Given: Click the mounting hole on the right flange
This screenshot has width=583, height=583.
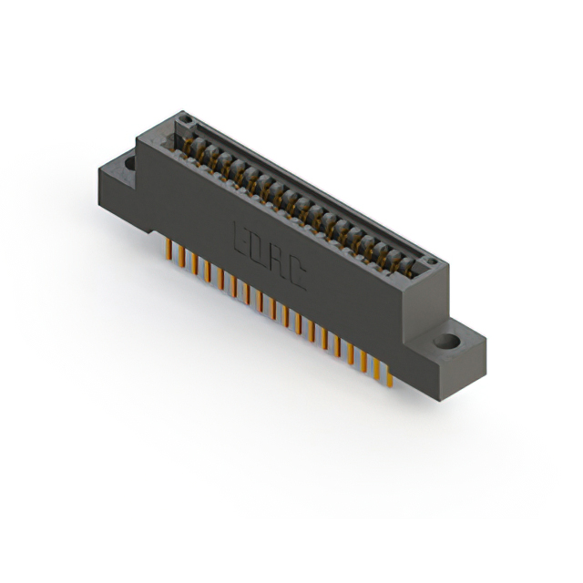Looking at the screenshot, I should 446,343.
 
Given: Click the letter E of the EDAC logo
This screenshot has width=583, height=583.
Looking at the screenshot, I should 242,236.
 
